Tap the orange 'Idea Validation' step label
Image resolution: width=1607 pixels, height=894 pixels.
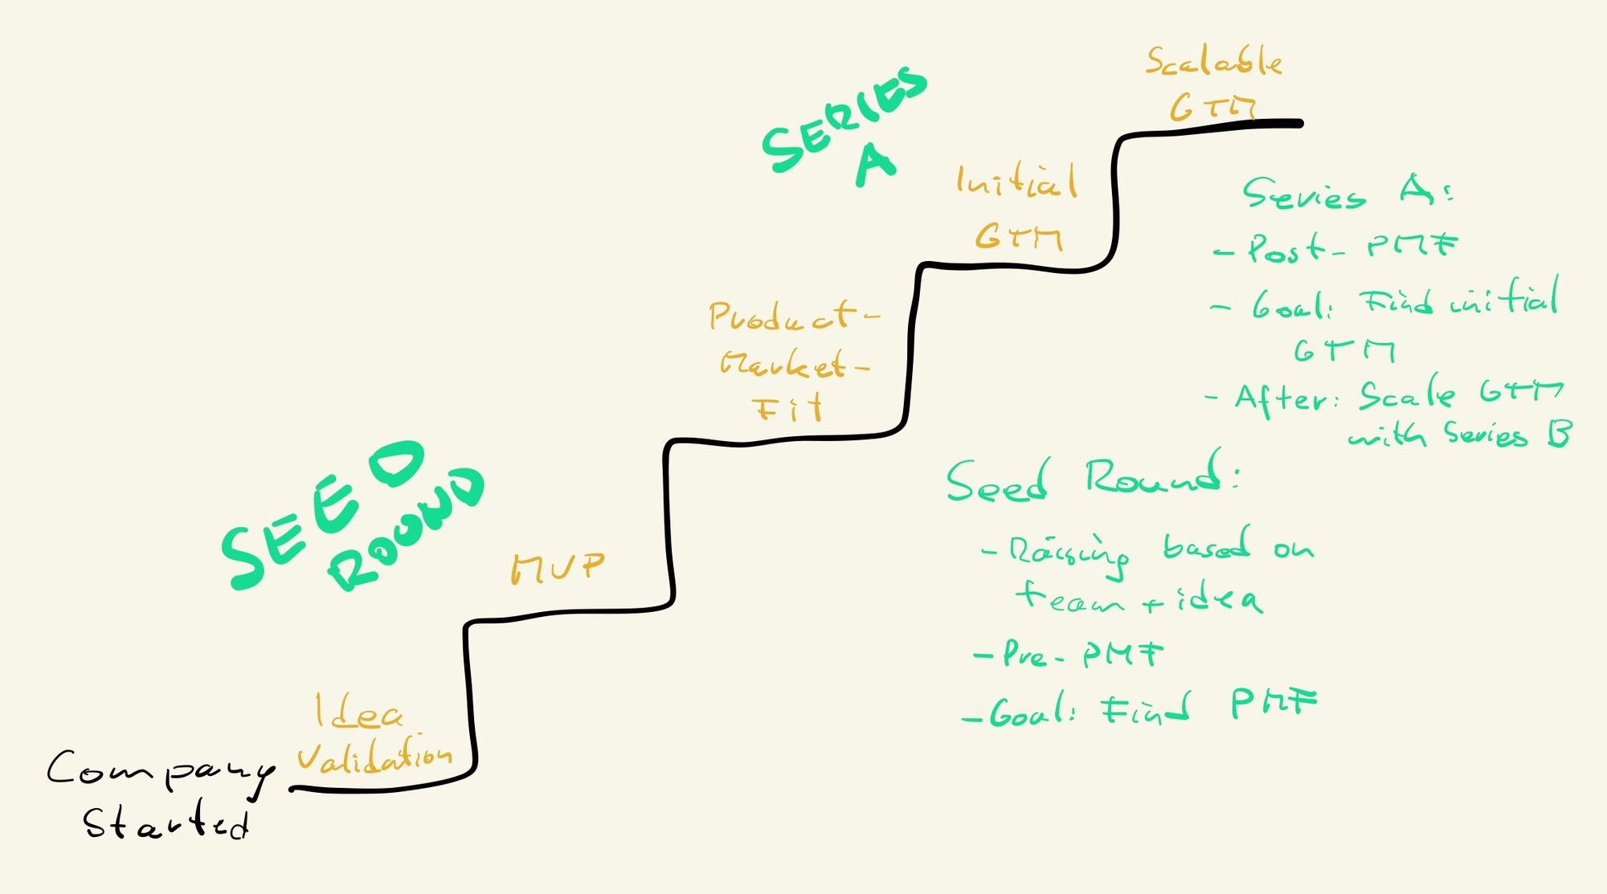[x=374, y=735]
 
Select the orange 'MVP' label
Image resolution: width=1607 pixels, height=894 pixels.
[x=557, y=568]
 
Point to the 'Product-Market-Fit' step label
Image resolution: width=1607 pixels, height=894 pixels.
[x=791, y=361]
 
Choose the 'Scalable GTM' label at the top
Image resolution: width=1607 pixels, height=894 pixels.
[x=1213, y=84]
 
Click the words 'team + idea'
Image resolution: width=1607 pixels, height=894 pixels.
[x=1137, y=598]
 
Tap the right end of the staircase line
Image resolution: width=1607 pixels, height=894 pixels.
[x=1298, y=123]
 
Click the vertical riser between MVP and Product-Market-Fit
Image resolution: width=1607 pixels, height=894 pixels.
[x=669, y=522]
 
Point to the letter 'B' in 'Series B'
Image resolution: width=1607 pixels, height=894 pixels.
[x=1559, y=434]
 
